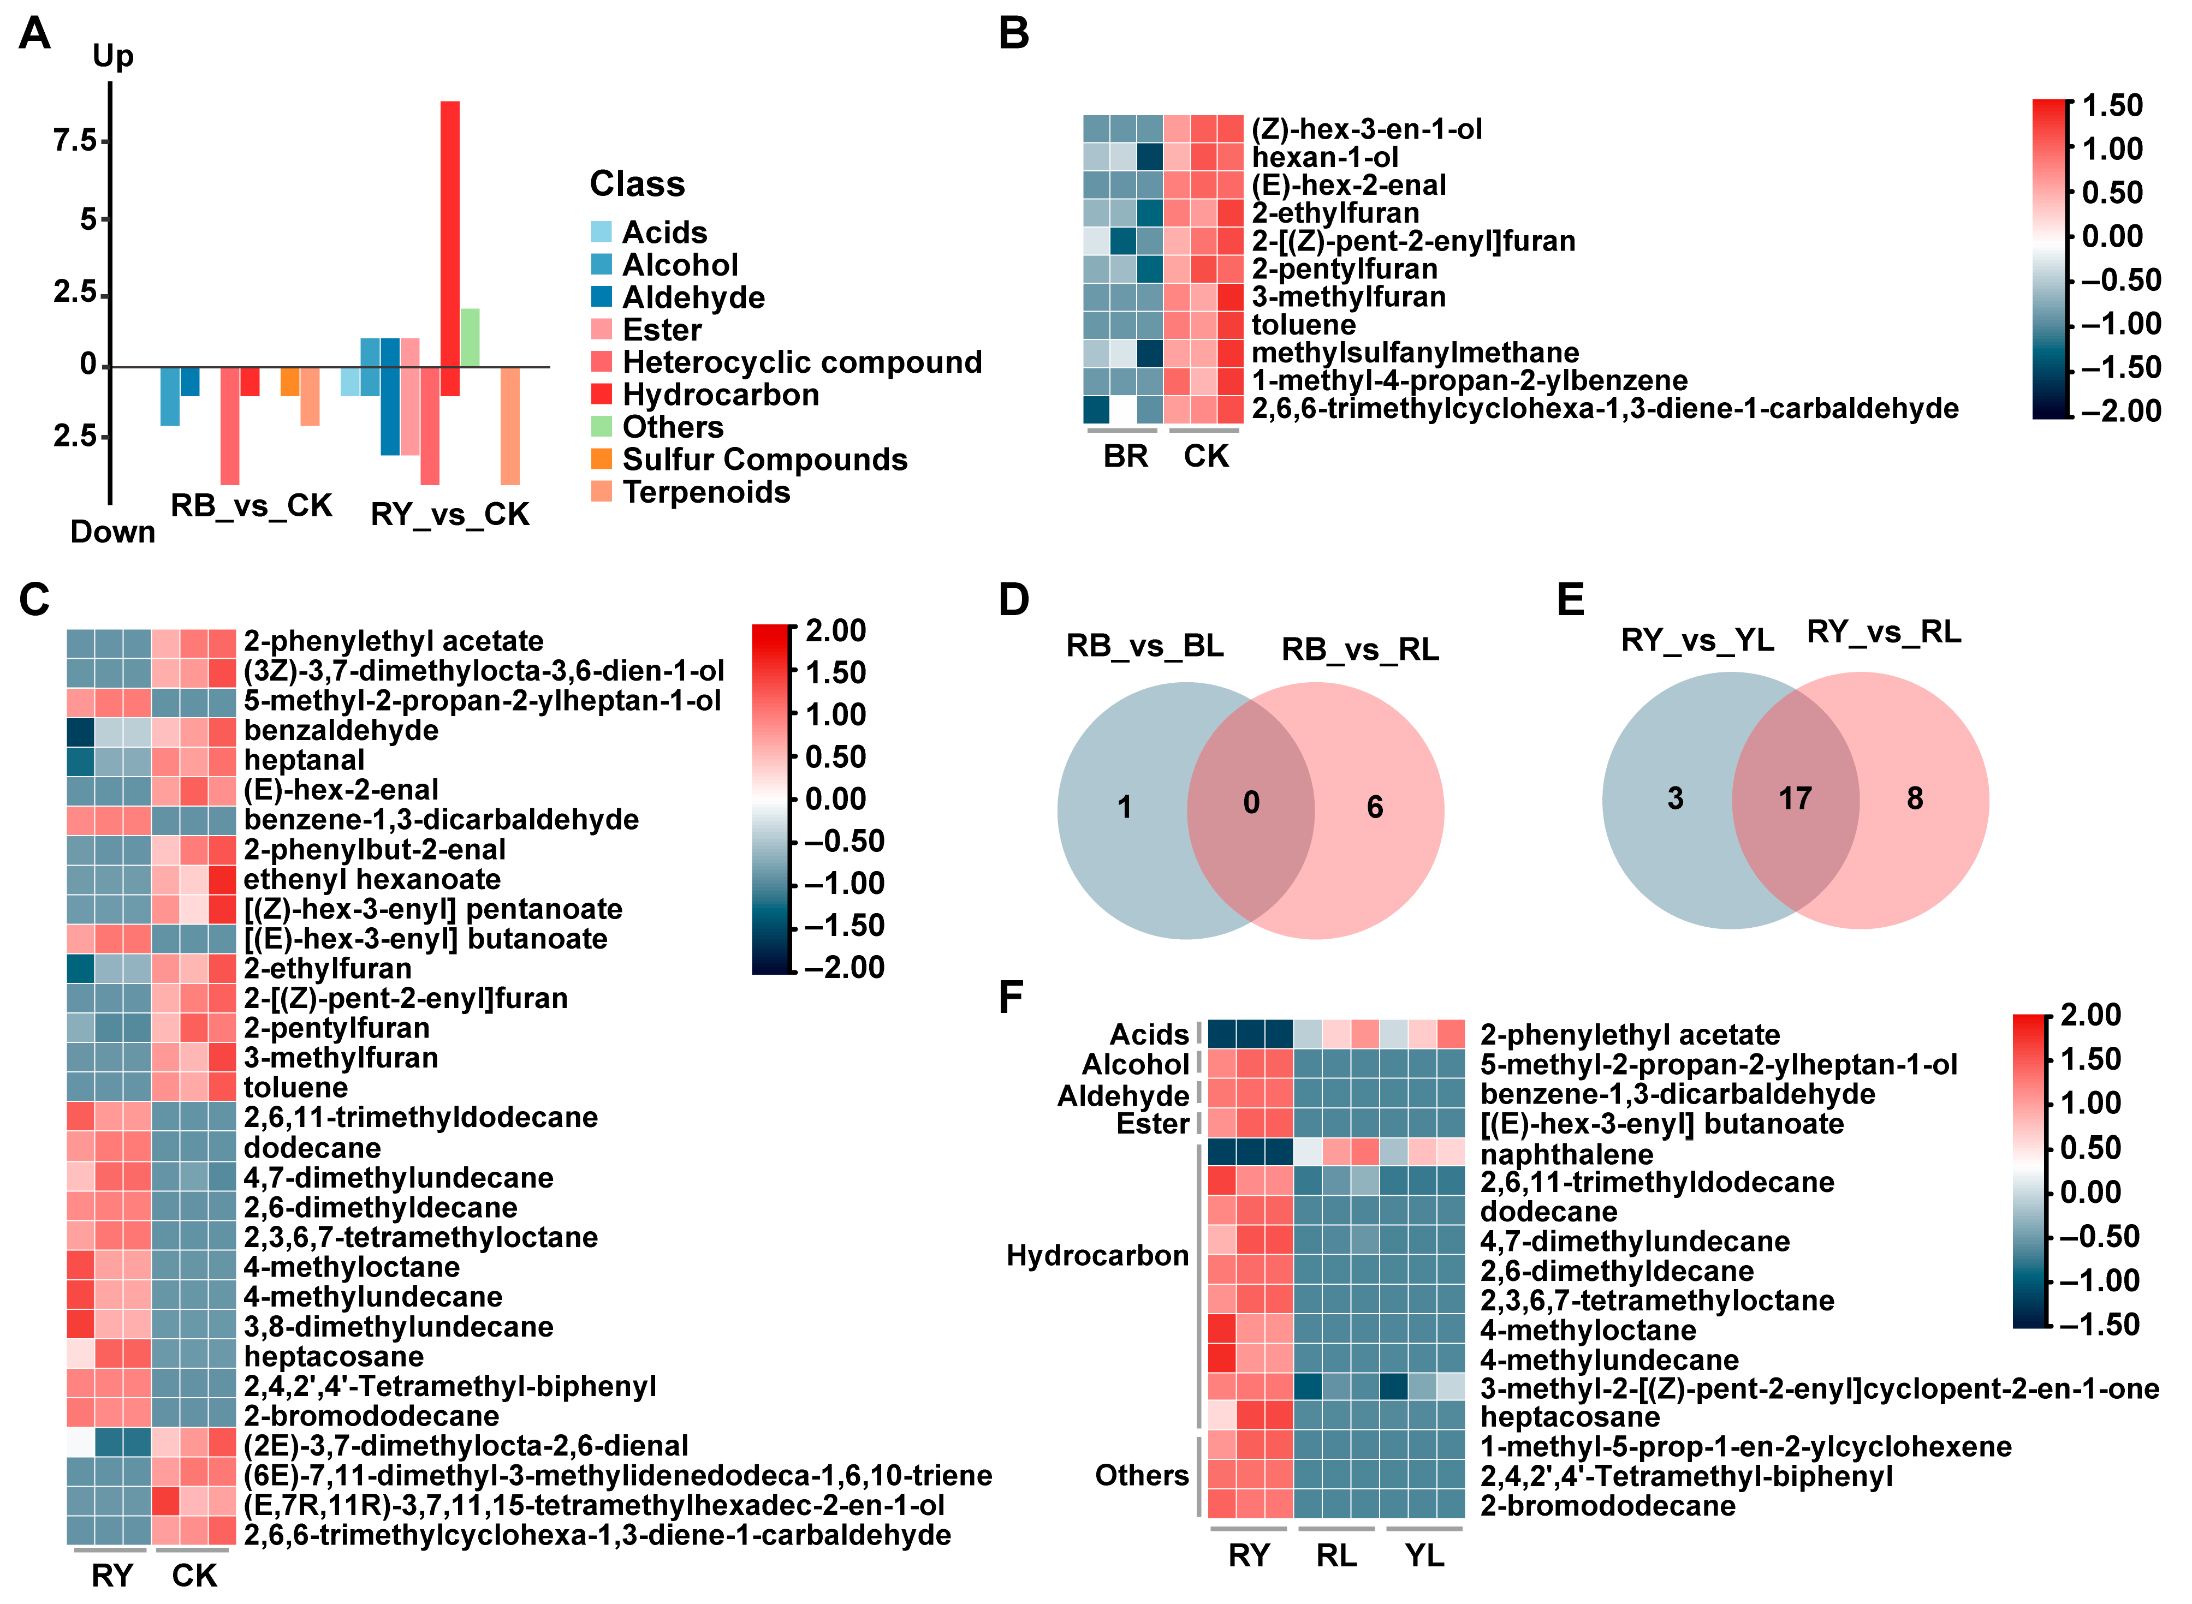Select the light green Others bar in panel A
[470, 338]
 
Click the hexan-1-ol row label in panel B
[1324, 157]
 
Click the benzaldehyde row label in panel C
[341, 730]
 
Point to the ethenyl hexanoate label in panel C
[372, 880]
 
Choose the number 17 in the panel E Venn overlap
[1795, 799]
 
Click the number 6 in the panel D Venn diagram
[1374, 807]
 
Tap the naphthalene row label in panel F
[1566, 1154]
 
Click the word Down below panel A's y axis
[112, 532]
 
